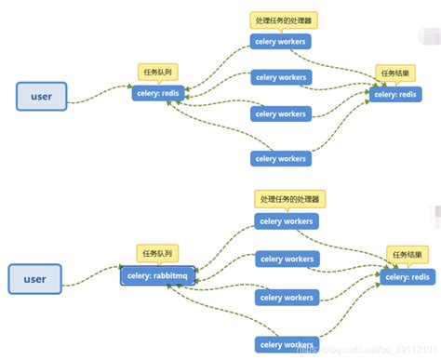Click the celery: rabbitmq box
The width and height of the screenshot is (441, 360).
click(x=157, y=277)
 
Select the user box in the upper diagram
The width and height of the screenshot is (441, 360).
click(x=42, y=96)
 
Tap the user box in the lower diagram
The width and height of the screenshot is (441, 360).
click(x=34, y=278)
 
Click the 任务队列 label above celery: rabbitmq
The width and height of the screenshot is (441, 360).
click(x=155, y=254)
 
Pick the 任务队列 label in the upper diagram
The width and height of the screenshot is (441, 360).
click(x=155, y=72)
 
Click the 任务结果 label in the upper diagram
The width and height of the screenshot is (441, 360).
click(x=394, y=73)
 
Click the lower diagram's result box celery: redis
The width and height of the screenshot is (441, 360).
click(x=408, y=276)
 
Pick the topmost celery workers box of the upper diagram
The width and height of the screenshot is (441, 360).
click(x=280, y=41)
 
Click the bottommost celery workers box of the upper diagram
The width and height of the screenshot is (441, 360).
click(x=280, y=158)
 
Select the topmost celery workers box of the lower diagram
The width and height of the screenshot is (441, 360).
click(x=287, y=221)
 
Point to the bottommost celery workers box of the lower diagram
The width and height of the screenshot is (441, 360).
click(x=287, y=344)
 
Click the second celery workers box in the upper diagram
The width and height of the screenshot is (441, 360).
click(x=280, y=78)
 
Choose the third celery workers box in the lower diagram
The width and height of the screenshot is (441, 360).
click(x=287, y=298)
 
